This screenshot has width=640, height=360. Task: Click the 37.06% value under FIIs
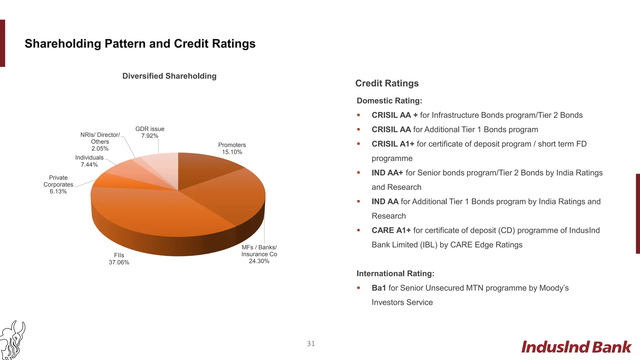(119, 262)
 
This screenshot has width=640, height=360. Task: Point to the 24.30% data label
(259, 261)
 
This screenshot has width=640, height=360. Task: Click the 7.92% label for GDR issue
(150, 136)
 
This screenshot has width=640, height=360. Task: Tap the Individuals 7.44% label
(89, 161)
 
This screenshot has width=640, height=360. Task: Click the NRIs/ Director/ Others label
(100, 142)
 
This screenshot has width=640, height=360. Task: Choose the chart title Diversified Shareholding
(169, 76)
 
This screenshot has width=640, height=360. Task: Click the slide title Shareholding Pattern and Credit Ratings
(140, 44)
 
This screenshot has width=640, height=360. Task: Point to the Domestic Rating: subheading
(389, 101)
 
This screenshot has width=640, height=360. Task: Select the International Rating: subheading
(395, 273)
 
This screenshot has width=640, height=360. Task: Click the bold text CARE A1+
(391, 230)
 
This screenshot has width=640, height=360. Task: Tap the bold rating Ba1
(379, 288)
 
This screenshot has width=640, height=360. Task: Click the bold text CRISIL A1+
(393, 144)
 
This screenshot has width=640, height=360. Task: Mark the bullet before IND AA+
(359, 173)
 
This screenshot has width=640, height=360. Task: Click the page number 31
(311, 344)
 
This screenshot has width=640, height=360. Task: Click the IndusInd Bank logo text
(576, 347)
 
